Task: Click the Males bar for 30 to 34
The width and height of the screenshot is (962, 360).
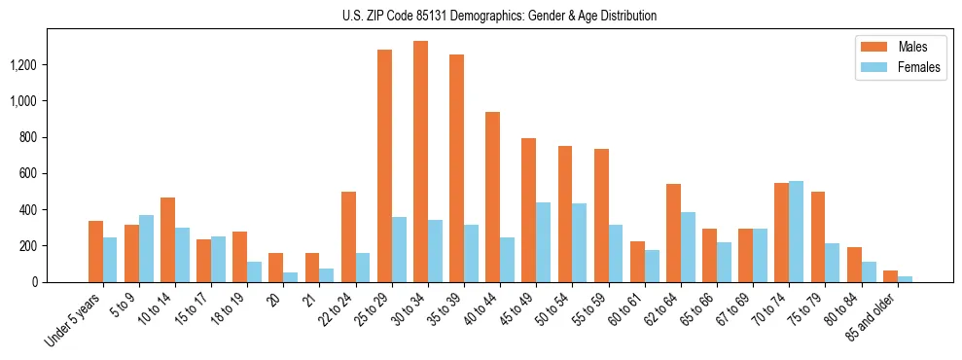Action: [x=420, y=162]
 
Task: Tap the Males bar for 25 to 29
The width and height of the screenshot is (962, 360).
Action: [x=384, y=165]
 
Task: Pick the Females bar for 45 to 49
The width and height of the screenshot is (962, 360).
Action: [x=543, y=242]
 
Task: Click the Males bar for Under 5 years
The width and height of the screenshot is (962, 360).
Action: [x=95, y=252]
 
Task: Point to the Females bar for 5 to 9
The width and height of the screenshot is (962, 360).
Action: [x=146, y=249]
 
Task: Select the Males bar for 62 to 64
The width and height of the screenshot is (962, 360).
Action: [x=673, y=234]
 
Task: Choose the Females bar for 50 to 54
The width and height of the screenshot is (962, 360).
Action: [x=580, y=243]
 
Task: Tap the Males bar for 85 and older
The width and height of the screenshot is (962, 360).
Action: [x=890, y=276]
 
